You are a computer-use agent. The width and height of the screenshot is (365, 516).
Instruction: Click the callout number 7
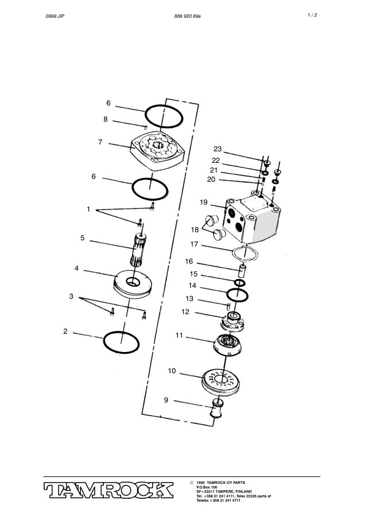(100, 142)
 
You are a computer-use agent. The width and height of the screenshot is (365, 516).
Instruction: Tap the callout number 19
(204, 202)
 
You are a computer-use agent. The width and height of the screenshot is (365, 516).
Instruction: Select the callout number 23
(218, 149)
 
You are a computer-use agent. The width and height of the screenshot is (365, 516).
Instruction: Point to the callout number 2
(65, 331)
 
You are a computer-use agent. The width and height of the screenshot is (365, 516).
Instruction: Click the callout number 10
(172, 371)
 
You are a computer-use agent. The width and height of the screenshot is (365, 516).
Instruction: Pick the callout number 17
(194, 244)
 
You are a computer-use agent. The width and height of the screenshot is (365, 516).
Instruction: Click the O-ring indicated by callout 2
(121, 342)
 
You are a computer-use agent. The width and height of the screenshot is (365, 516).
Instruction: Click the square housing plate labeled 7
(157, 150)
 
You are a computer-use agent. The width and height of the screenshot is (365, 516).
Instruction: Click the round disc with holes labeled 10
(220, 382)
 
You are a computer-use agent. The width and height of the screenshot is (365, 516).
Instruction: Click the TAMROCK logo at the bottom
(108, 490)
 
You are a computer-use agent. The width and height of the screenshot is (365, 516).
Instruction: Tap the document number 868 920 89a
(188, 16)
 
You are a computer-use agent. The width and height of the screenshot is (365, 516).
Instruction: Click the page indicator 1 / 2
(312, 15)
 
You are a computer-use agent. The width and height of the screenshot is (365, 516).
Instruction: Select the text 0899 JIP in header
(55, 16)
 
